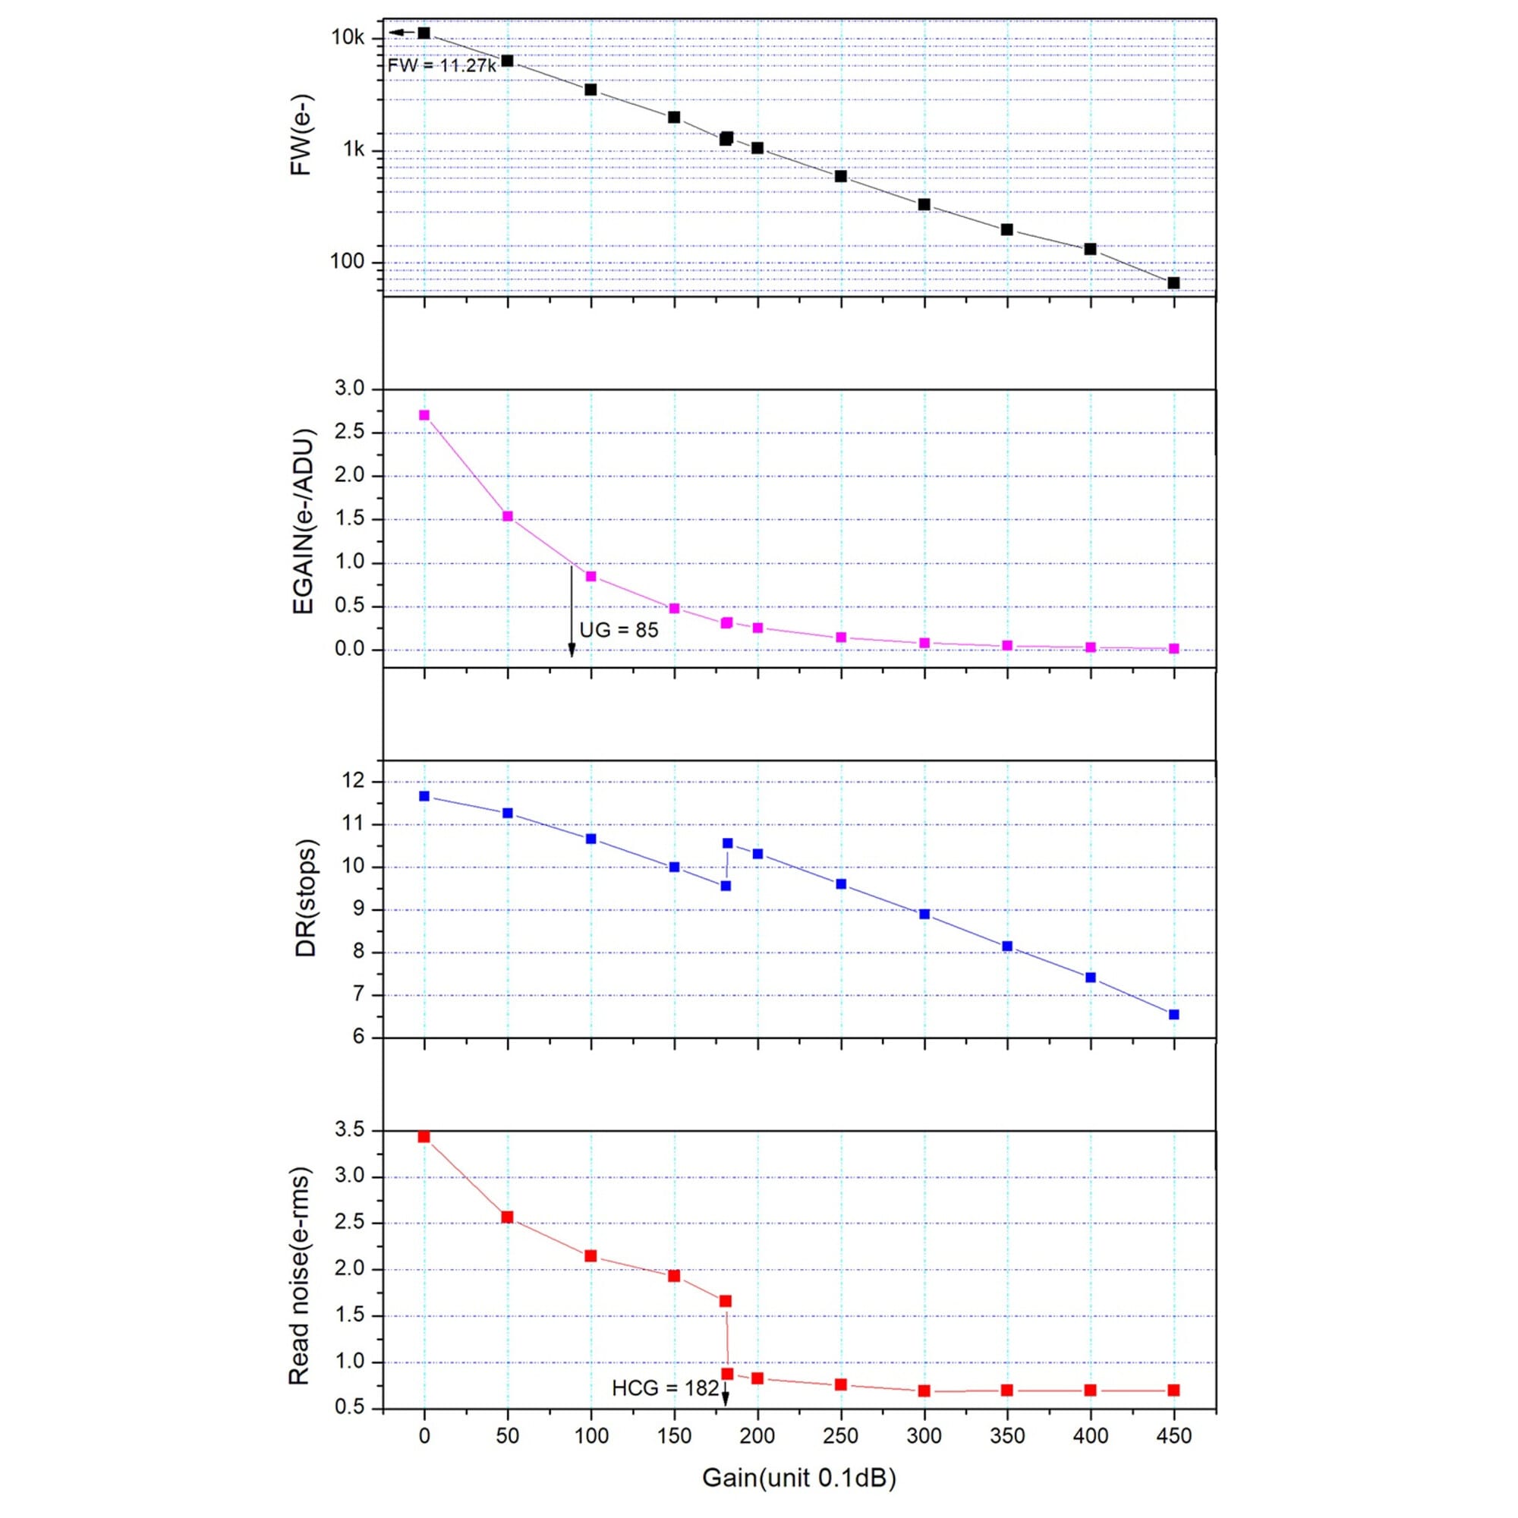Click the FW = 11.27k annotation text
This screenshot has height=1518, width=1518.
tap(442, 66)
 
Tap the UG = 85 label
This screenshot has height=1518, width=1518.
tap(619, 630)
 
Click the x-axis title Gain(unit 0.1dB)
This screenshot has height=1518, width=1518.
tap(798, 1478)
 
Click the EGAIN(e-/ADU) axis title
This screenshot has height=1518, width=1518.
tap(303, 521)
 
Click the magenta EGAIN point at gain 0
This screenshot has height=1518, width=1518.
tap(424, 415)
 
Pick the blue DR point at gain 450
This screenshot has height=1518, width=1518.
tap(1174, 1014)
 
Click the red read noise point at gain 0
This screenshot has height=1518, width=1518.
tap(424, 1136)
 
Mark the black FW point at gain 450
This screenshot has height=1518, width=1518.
tap(1174, 283)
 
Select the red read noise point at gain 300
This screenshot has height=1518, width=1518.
tap(924, 1390)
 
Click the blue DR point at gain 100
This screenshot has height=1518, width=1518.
tap(591, 839)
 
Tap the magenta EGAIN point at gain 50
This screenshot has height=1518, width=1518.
tap(508, 516)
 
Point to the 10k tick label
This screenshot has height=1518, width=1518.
tap(348, 37)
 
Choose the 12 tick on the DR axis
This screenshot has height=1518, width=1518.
tap(355, 781)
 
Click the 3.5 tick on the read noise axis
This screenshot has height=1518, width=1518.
tap(350, 1131)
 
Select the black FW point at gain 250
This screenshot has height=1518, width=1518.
tap(841, 176)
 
